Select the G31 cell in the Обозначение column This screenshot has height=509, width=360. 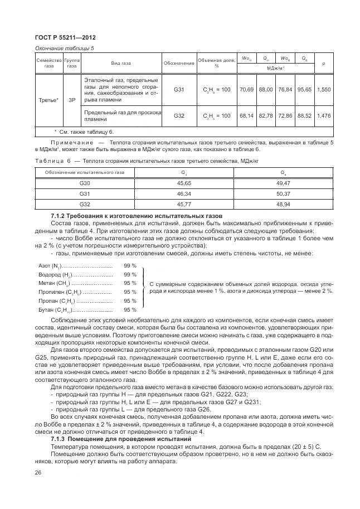(x=179, y=89)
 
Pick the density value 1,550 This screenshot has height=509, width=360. (x=323, y=89)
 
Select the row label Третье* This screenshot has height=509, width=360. (x=48, y=101)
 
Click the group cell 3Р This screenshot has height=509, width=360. (x=72, y=101)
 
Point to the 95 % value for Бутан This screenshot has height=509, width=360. (x=130, y=309)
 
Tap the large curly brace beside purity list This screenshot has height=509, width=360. (x=144, y=287)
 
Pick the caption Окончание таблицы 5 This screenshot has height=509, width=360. (x=65, y=48)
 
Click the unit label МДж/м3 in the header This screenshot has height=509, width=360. (x=275, y=67)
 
